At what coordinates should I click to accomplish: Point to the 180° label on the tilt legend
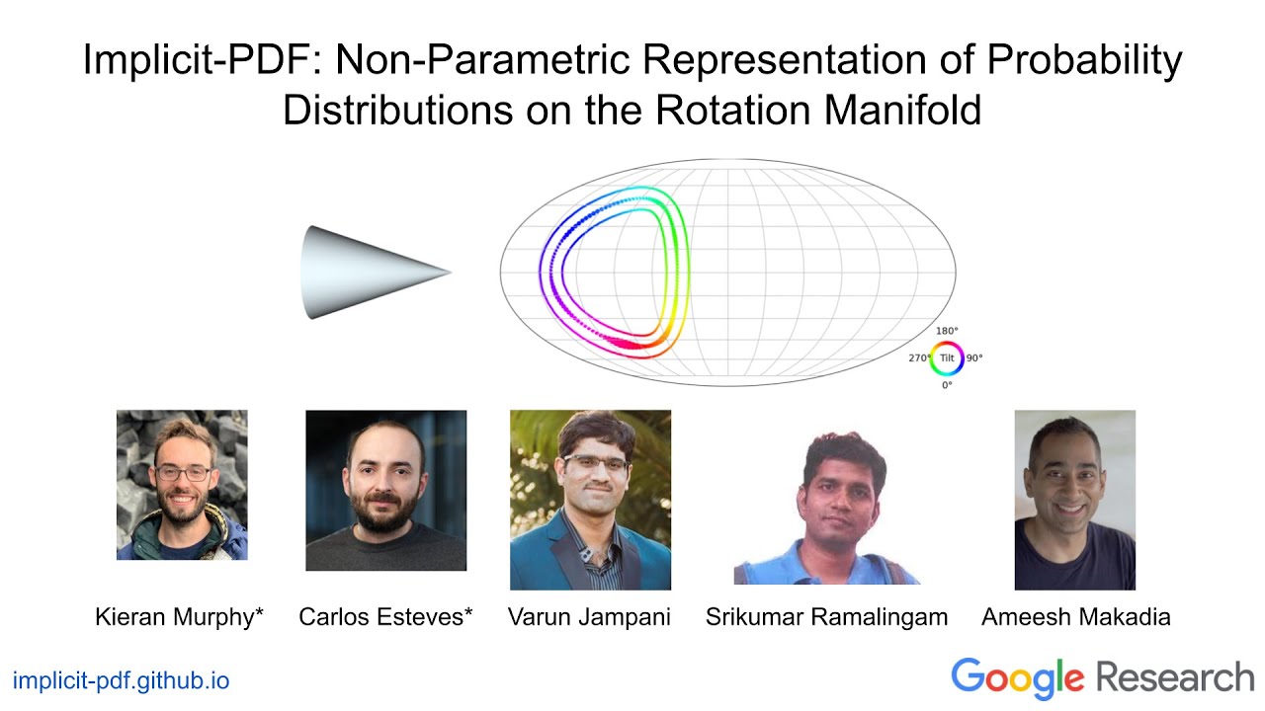click(947, 331)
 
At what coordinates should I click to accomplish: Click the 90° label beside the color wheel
click(974, 358)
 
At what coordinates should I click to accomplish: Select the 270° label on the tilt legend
click(919, 358)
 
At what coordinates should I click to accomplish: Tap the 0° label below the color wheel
click(947, 385)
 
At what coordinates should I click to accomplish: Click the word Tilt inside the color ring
click(947, 357)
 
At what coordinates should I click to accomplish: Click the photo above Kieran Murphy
click(182, 485)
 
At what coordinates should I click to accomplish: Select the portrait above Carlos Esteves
click(385, 491)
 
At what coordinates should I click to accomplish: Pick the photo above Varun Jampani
click(590, 500)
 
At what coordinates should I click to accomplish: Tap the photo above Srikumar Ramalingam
click(826, 506)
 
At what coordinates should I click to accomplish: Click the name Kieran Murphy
click(179, 618)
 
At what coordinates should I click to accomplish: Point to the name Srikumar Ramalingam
click(826, 618)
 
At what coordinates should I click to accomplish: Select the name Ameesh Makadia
click(1075, 618)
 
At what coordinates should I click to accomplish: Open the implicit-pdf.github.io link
click(121, 680)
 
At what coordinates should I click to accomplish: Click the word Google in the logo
click(1017, 678)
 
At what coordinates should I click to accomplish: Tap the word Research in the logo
click(1174, 678)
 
